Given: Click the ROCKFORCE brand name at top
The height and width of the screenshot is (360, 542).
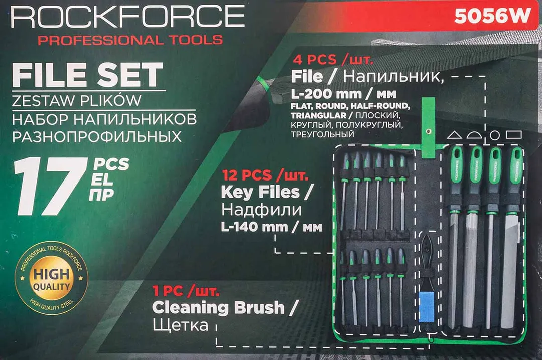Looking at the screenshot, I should pyautogui.click(x=127, y=17).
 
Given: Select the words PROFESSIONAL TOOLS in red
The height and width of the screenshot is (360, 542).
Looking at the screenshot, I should pyautogui.click(x=130, y=40).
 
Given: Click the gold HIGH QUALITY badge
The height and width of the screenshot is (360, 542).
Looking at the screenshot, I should pyautogui.click(x=52, y=276).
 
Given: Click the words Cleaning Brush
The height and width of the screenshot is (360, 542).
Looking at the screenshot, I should pyautogui.click(x=218, y=307).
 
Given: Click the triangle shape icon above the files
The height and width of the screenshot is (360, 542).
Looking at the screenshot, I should pyautogui.click(x=454, y=135).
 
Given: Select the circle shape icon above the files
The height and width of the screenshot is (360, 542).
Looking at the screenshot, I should pyautogui.click(x=494, y=135).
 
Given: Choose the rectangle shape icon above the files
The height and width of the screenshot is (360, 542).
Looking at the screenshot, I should pyautogui.click(x=513, y=135).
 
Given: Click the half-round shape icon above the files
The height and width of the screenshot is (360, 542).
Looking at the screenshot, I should pyautogui.click(x=474, y=135).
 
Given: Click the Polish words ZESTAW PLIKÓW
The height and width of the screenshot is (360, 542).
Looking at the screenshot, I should pyautogui.click(x=76, y=101).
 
